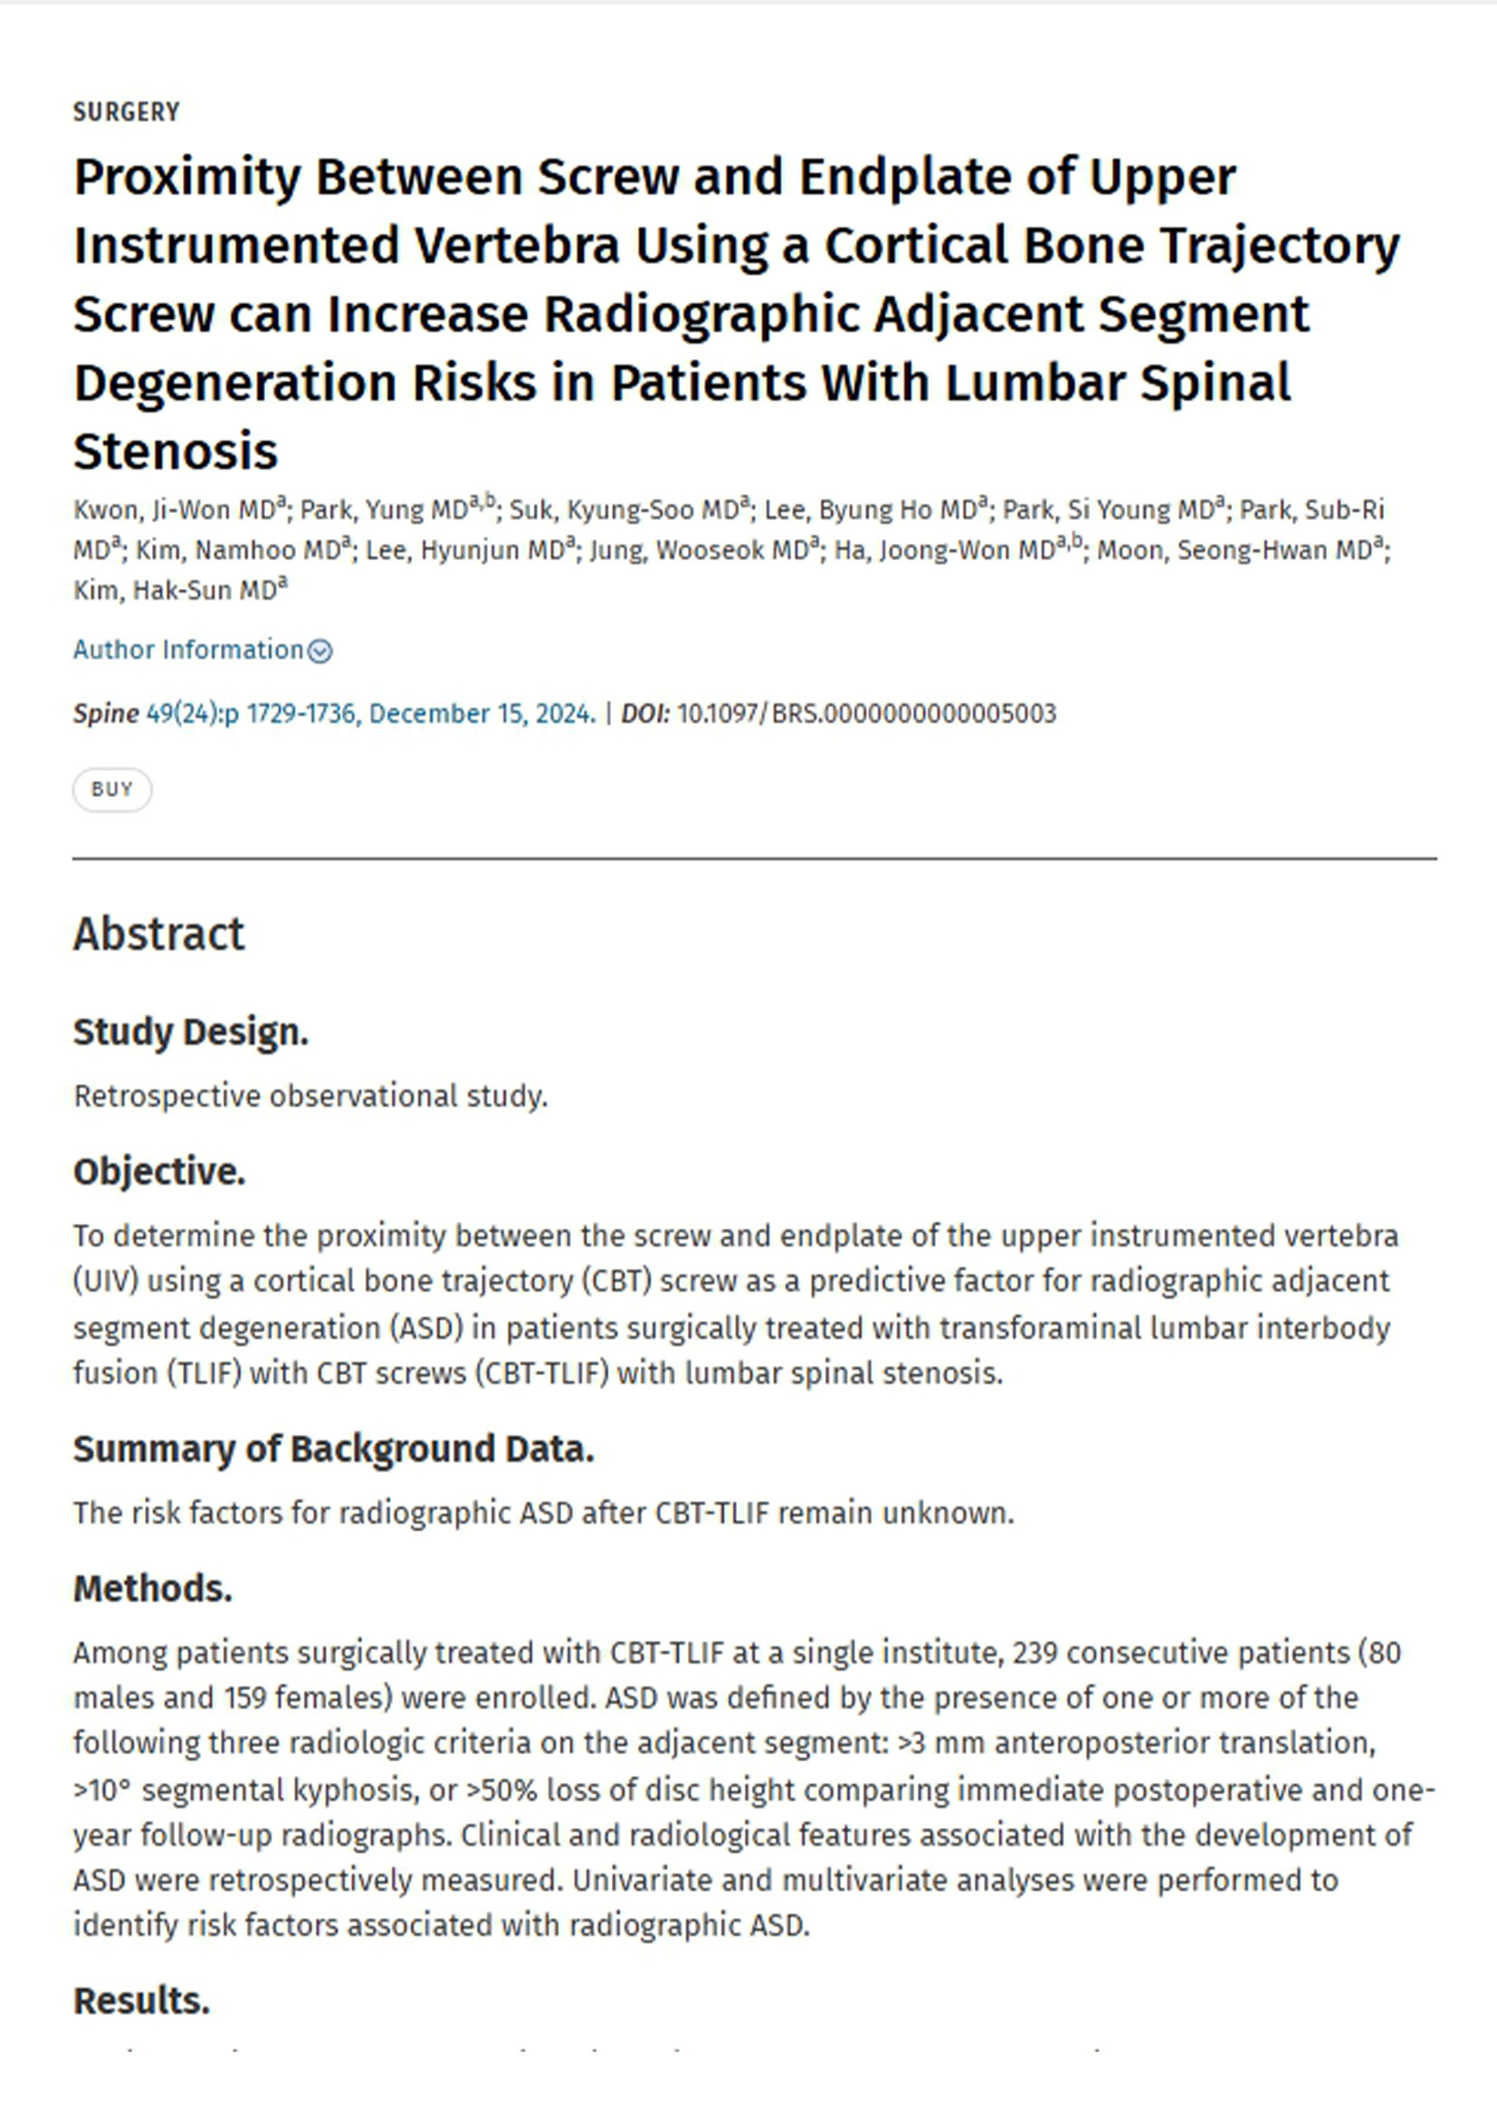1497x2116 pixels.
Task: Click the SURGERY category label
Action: tap(127, 112)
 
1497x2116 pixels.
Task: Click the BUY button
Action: tap(112, 789)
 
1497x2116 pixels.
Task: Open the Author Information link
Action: tap(188, 650)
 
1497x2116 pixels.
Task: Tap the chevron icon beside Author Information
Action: tap(319, 651)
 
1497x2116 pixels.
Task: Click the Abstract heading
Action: tap(158, 934)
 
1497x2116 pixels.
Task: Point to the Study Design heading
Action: tap(191, 1031)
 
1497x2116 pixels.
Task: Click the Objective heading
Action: tap(159, 1172)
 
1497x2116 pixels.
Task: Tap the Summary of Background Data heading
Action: tap(334, 1448)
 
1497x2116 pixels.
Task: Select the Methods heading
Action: tap(153, 1588)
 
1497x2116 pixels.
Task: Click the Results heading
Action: tap(142, 2001)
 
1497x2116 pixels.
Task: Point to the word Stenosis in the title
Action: tap(176, 451)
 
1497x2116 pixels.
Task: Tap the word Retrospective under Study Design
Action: tap(167, 1096)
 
